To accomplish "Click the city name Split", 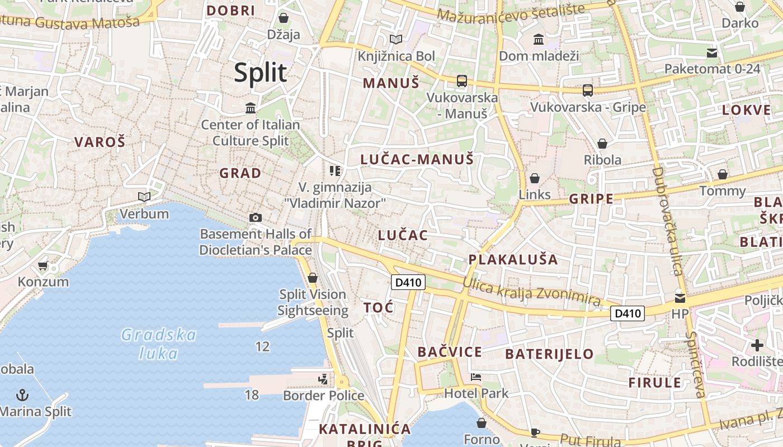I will tap(261, 73).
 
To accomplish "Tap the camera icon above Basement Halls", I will tap(256, 217).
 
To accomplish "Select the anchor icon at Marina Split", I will tap(22, 396).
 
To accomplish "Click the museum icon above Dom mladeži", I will tap(539, 39).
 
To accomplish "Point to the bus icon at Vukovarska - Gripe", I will tap(587, 90).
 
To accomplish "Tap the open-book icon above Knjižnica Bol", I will tap(396, 39).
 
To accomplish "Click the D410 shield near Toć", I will tap(408, 283).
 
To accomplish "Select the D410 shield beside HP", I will tap(627, 313).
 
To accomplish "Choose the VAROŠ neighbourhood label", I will tap(100, 142).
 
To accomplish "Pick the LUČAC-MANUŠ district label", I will tap(417, 159).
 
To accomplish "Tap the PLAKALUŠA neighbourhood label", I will tap(513, 259).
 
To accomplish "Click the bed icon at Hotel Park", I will tap(476, 377).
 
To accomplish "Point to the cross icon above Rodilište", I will tap(757, 345).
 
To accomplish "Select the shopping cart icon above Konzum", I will tap(43, 265).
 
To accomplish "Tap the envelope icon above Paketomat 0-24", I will tap(712, 53).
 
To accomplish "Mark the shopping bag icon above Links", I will tap(535, 178).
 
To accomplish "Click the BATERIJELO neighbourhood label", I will tap(549, 354).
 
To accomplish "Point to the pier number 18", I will tap(252, 395).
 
